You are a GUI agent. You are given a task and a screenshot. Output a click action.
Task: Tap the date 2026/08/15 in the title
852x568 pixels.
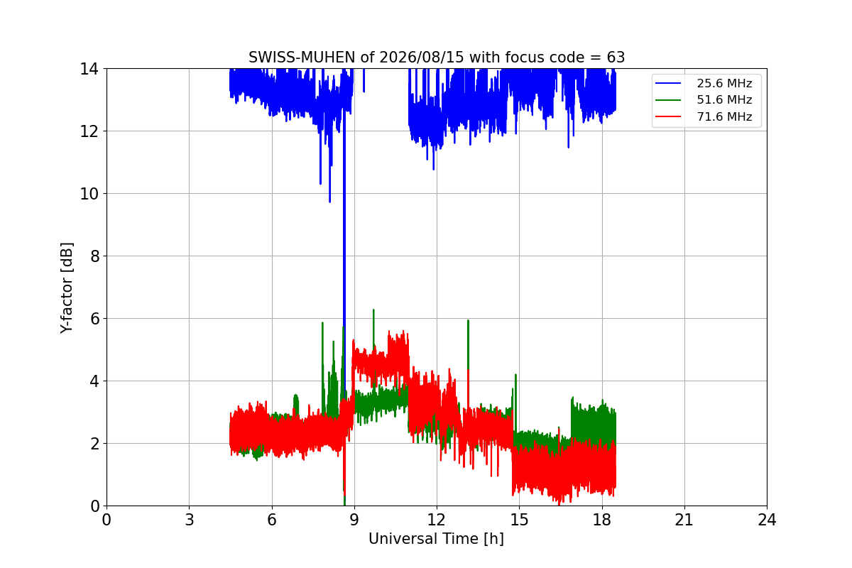(422, 58)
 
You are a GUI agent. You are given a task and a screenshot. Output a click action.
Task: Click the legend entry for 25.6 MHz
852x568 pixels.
(724, 83)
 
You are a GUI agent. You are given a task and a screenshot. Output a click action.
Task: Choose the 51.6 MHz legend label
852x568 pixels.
(724, 99)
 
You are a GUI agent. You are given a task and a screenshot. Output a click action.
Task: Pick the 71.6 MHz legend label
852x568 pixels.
(724, 116)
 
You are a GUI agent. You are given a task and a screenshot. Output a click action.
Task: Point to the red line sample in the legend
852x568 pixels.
(668, 116)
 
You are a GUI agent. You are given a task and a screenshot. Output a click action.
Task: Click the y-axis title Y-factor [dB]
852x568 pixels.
(66, 288)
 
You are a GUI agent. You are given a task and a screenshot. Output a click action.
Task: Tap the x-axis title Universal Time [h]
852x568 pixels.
(436, 539)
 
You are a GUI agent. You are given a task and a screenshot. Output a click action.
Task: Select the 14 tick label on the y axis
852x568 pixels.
(89, 69)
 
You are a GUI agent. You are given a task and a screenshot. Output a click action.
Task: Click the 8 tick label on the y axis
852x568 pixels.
(94, 256)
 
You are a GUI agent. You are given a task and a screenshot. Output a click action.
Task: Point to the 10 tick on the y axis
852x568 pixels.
(89, 194)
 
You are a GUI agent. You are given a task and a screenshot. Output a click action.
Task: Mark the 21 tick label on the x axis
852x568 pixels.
(684, 520)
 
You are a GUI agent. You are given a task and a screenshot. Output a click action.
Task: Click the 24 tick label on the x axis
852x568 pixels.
(767, 520)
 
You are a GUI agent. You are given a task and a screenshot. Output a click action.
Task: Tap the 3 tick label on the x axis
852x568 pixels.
(190, 520)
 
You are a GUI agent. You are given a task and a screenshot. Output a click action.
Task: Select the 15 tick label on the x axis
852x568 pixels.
(519, 520)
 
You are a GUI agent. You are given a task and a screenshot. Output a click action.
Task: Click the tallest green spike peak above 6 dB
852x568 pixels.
(373, 310)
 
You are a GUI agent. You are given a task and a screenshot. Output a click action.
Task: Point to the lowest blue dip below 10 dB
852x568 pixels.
(329, 202)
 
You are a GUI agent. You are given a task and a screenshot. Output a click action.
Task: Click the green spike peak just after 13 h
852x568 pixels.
(468, 321)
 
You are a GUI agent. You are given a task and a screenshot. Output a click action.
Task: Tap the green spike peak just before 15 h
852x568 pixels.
(515, 375)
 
